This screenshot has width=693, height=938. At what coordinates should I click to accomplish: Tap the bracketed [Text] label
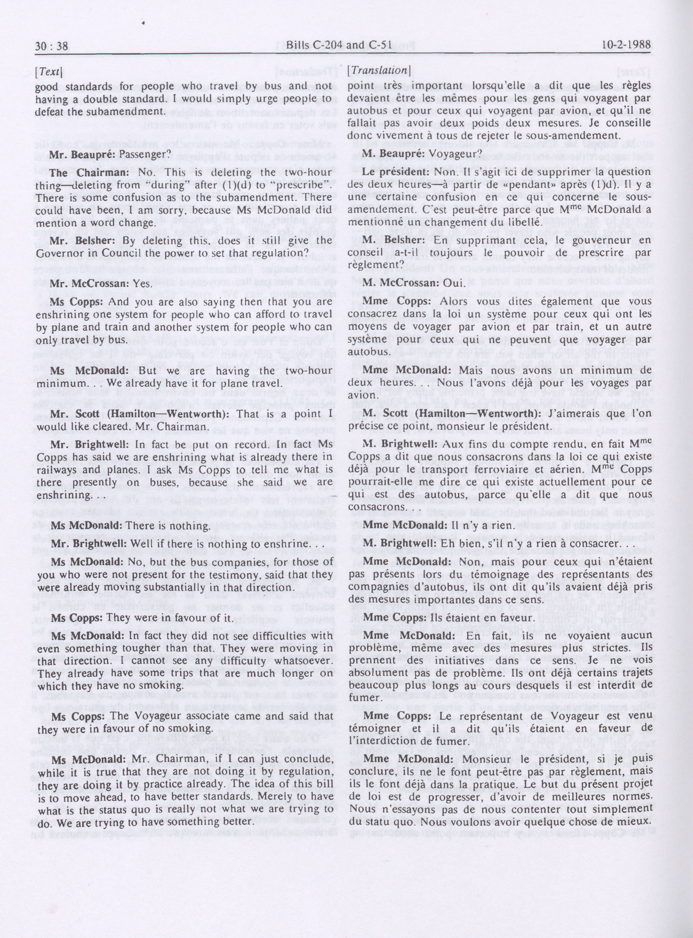[x=49, y=72]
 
